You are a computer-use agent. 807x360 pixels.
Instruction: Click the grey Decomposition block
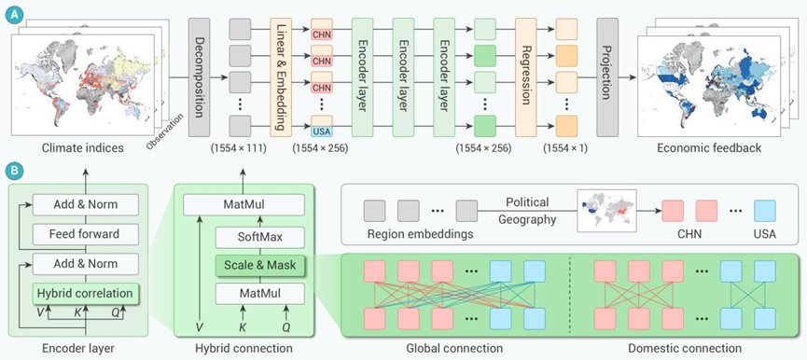[x=199, y=77]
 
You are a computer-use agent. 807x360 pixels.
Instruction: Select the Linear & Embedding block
[x=281, y=77]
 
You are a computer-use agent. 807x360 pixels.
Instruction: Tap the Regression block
[x=525, y=77]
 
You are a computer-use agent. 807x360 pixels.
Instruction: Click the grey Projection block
[x=607, y=77]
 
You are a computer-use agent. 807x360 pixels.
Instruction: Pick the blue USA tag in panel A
[x=321, y=132]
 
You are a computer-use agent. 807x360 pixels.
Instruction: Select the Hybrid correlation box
[x=86, y=294]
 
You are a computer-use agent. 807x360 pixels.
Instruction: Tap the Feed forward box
[x=86, y=234]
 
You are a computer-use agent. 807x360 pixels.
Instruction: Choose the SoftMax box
[x=260, y=237]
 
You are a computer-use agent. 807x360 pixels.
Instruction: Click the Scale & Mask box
[x=260, y=266]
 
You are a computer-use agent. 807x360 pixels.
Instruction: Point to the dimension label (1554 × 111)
[x=238, y=148]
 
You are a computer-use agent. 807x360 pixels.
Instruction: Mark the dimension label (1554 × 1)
[x=565, y=148]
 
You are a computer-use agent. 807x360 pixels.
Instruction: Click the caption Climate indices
[x=82, y=148]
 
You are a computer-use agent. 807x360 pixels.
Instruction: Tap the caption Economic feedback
[x=709, y=148]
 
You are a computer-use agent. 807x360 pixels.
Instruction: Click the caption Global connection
[x=454, y=348]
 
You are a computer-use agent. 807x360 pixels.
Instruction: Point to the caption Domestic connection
[x=684, y=348]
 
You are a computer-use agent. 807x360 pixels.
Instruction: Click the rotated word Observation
[x=166, y=132]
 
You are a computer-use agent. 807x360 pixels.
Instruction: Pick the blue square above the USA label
[x=765, y=211]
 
